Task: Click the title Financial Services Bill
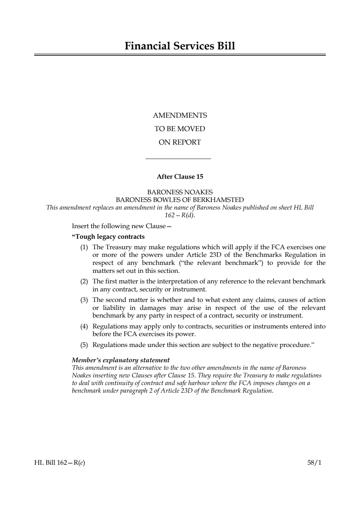click(180, 46)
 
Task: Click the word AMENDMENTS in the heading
click(180, 116)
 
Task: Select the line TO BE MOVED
click(180, 129)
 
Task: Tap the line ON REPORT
click(180, 142)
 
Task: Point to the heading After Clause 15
click(180, 177)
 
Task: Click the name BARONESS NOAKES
click(180, 192)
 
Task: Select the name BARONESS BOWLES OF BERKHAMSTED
click(180, 200)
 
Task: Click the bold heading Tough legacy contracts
click(108, 237)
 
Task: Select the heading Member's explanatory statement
click(121, 360)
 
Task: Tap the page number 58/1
click(314, 463)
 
